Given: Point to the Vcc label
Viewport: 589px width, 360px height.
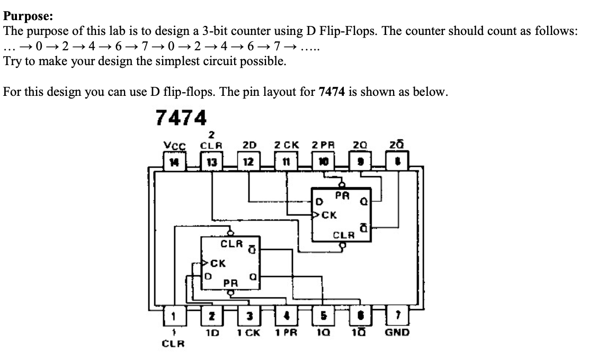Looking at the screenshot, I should point(171,145).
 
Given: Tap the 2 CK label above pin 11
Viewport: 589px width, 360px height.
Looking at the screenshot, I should point(287,145).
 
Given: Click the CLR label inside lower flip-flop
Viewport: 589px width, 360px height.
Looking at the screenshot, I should point(231,245).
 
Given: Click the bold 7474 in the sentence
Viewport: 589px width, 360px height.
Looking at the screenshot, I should point(333,92).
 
